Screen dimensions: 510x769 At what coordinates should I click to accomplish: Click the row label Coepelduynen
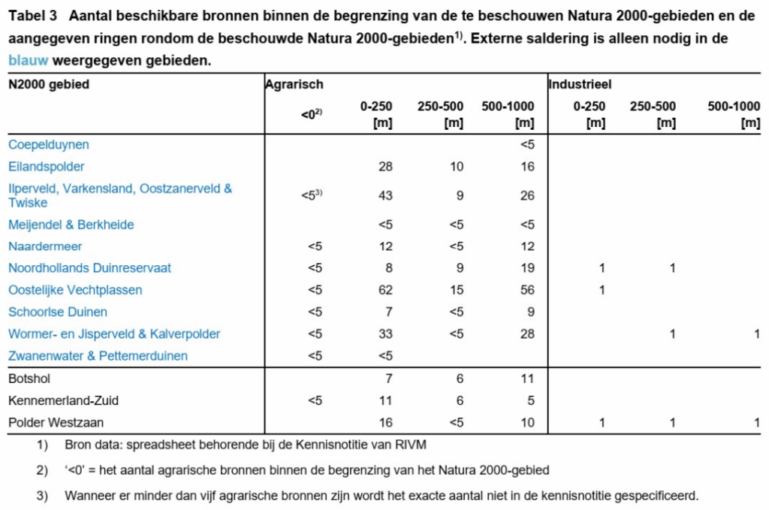[49, 144]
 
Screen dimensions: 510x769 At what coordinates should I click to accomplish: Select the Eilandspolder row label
[47, 166]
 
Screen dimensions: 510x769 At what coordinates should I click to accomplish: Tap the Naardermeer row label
[45, 246]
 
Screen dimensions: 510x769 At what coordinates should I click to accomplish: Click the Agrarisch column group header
[294, 85]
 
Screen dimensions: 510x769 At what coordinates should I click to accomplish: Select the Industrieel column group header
[580, 85]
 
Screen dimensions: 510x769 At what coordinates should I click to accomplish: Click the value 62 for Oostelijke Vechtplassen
[386, 290]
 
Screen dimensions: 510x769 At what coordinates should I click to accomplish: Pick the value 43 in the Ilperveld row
[386, 195]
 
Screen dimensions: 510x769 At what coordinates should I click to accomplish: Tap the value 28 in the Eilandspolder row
[386, 166]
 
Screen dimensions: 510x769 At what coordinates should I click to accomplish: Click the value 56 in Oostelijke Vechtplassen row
[527, 290]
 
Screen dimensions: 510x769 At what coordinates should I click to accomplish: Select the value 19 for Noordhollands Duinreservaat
[527, 268]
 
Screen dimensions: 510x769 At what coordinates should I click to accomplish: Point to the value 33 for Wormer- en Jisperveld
[386, 333]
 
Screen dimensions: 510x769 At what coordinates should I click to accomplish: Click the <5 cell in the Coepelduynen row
[527, 144]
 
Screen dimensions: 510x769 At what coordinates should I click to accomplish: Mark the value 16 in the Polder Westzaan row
[386, 422]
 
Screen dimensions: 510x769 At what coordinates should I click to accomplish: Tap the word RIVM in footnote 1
[412, 445]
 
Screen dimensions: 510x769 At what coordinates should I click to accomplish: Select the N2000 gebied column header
[49, 85]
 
